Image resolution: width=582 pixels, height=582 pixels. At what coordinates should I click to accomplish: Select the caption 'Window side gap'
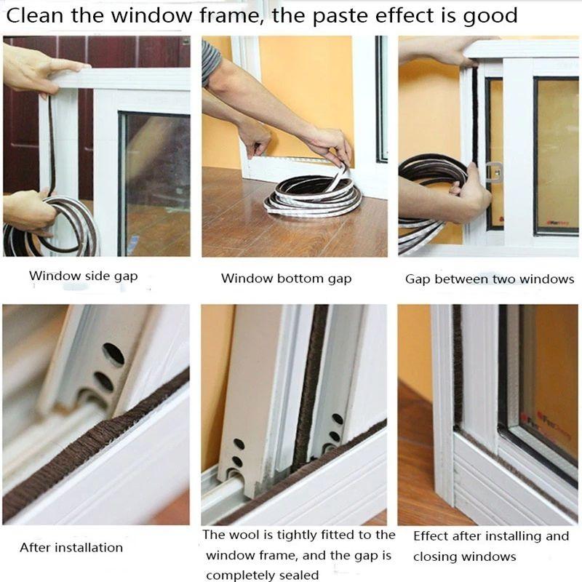coord(83,276)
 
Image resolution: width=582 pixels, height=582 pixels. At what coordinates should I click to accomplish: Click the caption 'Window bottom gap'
coord(286,279)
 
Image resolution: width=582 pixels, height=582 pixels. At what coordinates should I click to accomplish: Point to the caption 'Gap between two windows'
coord(489,279)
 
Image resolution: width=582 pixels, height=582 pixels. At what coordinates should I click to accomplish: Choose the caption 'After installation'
coord(71,547)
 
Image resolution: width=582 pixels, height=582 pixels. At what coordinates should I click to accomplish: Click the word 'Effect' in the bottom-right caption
coord(434,536)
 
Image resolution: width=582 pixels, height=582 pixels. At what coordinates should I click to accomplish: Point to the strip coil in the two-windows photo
coord(429,193)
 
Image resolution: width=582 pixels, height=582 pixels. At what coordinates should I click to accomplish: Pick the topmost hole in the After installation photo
coord(113,354)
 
